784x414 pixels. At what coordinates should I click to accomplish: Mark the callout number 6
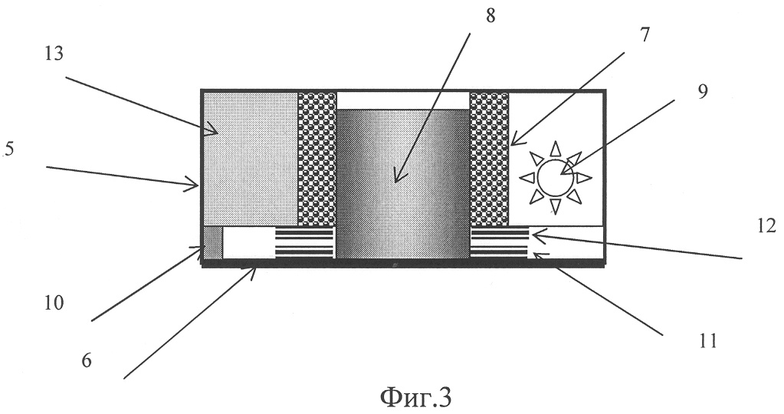tap(87, 360)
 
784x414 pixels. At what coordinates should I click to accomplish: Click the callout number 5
tap(8, 150)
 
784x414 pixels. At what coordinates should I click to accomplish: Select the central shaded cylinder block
tap(402, 184)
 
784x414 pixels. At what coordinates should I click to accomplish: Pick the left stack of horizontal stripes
tap(305, 242)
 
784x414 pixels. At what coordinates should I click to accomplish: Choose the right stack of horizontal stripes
tap(499, 242)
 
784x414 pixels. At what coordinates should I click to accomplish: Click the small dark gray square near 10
tap(212, 242)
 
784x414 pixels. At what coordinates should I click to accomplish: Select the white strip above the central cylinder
tap(402, 100)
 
